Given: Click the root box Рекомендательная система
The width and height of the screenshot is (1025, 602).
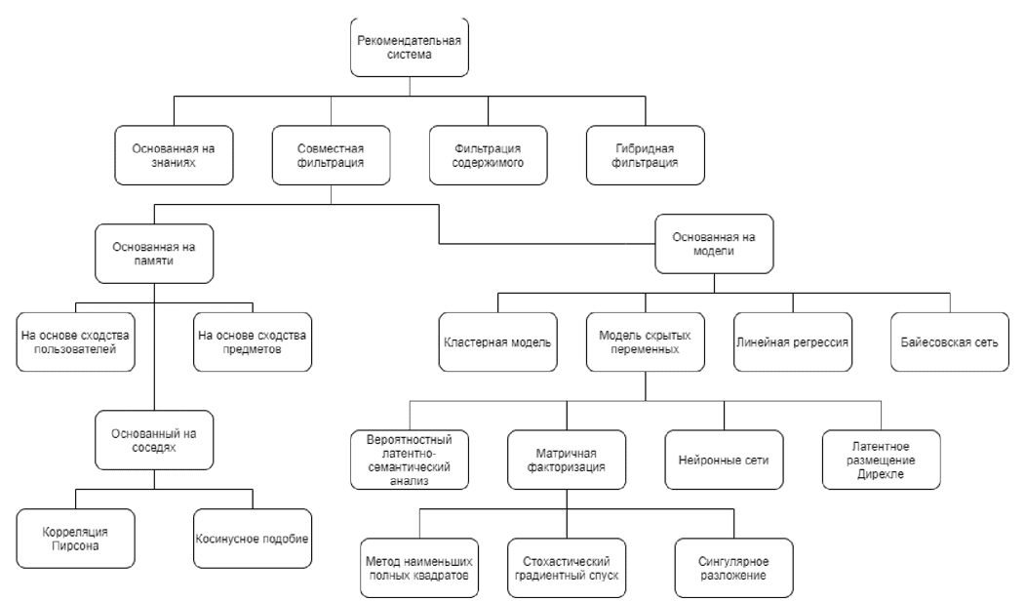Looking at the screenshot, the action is [x=410, y=47].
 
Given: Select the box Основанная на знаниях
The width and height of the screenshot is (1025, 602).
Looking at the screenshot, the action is [x=174, y=155].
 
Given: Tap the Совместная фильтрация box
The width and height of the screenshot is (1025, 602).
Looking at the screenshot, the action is [x=331, y=155].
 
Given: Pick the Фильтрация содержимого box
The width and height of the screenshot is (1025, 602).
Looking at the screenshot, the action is [x=489, y=155].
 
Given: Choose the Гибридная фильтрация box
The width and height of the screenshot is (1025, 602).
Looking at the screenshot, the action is [x=646, y=155].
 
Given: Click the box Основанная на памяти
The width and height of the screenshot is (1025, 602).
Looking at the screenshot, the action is [x=154, y=254].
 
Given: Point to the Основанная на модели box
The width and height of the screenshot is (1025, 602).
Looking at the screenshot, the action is [x=715, y=244].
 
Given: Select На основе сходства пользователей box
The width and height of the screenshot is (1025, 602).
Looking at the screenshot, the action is [x=76, y=342].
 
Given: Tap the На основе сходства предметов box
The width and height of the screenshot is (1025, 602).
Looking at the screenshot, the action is [x=253, y=342].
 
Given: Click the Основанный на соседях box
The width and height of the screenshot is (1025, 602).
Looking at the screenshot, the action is [x=154, y=441].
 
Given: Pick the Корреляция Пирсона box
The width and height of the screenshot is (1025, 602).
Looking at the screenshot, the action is [x=76, y=539].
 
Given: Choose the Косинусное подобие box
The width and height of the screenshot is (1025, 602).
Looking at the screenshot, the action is [x=253, y=539].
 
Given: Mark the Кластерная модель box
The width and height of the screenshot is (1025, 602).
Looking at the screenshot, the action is [x=498, y=342].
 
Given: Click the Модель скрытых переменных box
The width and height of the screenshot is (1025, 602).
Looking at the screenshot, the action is [x=646, y=342].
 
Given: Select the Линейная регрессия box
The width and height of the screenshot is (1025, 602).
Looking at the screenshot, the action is [x=793, y=342].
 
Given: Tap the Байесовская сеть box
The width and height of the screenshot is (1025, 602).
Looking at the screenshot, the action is [x=950, y=342].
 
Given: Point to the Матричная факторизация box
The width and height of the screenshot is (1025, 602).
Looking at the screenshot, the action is [x=567, y=461].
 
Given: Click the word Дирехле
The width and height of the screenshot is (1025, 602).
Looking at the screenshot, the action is [x=881, y=474].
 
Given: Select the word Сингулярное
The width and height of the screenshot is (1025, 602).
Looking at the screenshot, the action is [x=733, y=561].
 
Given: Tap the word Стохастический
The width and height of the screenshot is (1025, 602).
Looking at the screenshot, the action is [x=567, y=561].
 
